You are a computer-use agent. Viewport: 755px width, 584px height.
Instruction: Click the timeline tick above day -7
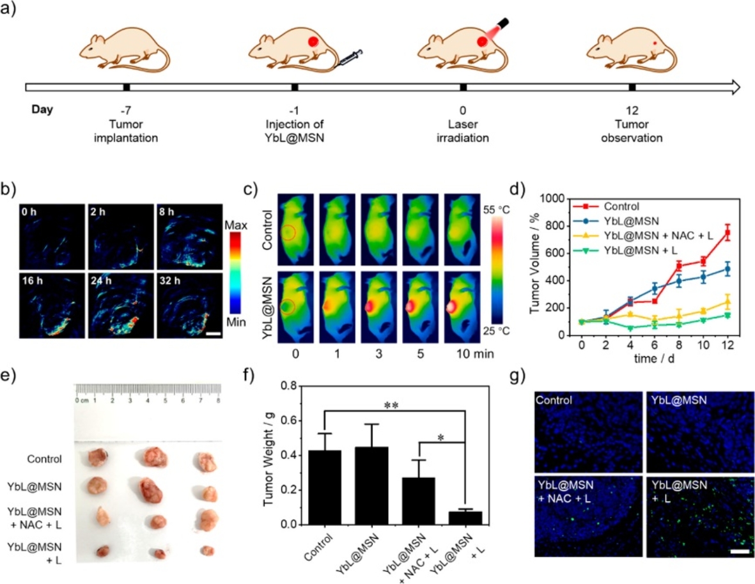[x=127, y=87]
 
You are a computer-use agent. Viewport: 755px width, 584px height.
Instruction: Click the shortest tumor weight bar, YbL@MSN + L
[x=465, y=518]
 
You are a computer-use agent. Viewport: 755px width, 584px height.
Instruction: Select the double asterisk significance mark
[x=396, y=404]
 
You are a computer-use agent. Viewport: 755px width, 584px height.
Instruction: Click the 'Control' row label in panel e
[x=44, y=459]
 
